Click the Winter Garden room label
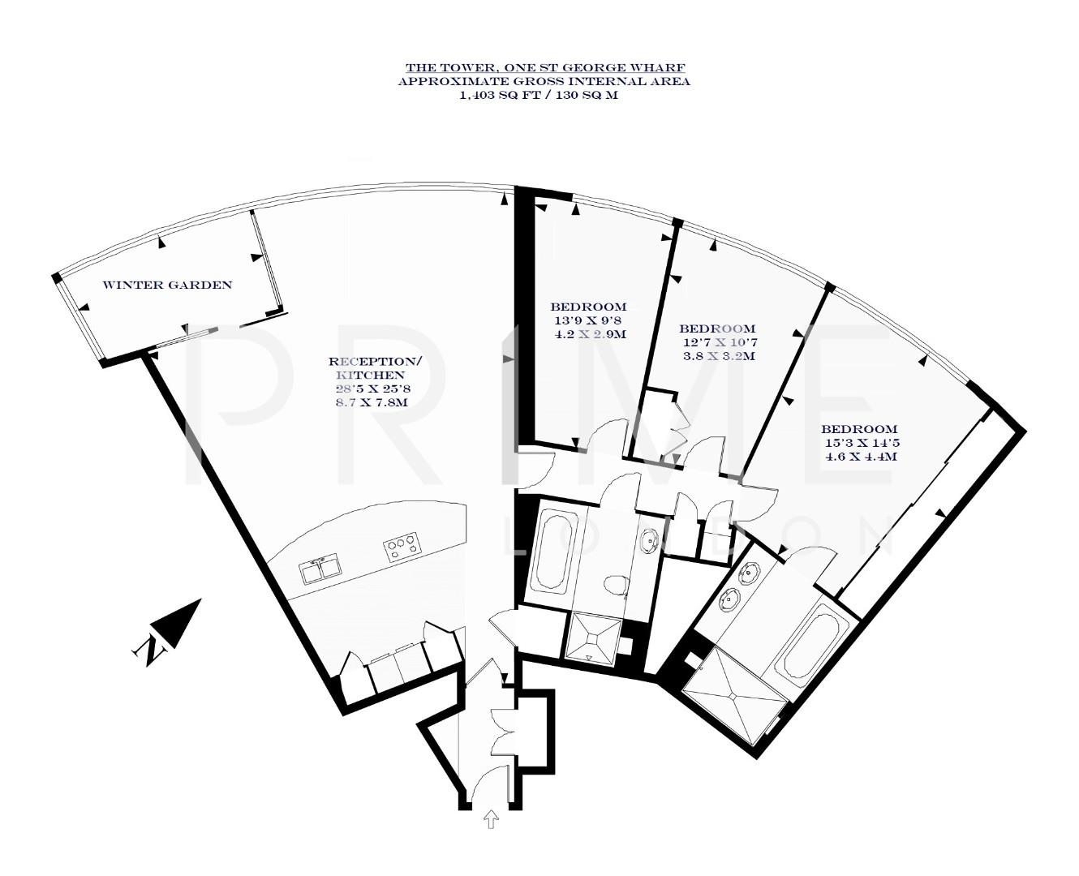tap(167, 285)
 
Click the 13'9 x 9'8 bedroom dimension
tap(588, 320)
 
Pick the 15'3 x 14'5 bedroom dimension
tap(860, 443)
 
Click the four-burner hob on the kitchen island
tap(402, 547)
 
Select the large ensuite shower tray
tap(735, 694)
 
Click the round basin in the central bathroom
tap(649, 539)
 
